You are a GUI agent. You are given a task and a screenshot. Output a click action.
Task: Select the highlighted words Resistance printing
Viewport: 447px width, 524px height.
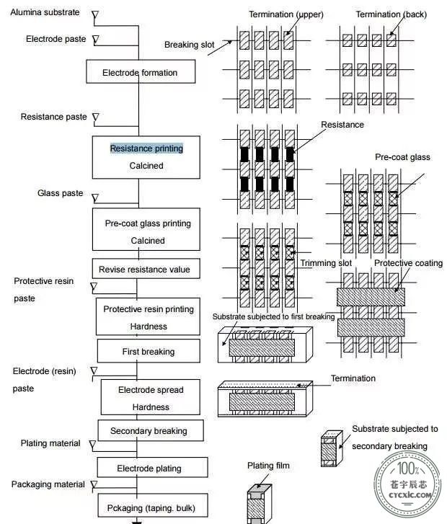(147, 148)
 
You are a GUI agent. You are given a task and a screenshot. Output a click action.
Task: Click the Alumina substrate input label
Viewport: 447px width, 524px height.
(45, 12)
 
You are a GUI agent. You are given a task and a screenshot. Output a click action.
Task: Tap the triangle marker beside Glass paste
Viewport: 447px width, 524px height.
(95, 198)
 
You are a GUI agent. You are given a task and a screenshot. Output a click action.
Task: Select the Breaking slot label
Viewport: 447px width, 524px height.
(189, 45)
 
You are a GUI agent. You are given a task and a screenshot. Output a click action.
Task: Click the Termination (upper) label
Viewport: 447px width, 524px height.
(286, 14)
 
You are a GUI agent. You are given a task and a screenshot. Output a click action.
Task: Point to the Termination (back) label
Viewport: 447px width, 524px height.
(391, 14)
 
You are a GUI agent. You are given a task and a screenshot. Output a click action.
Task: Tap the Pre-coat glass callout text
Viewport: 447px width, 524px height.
(402, 157)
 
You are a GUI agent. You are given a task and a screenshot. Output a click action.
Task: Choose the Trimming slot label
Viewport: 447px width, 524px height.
(326, 263)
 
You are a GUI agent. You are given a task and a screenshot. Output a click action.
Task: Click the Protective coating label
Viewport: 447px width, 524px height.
(409, 263)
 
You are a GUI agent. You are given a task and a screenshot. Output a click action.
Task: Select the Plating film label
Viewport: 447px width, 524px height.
(268, 465)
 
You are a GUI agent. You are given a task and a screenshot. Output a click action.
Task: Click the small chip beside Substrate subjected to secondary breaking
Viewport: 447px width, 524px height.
(332, 448)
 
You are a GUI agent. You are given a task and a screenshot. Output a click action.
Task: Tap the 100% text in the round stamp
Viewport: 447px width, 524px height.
(408, 469)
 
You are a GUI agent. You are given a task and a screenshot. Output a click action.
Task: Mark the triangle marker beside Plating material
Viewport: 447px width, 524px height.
(92, 445)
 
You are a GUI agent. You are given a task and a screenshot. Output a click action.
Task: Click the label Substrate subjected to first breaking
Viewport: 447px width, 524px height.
(273, 316)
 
